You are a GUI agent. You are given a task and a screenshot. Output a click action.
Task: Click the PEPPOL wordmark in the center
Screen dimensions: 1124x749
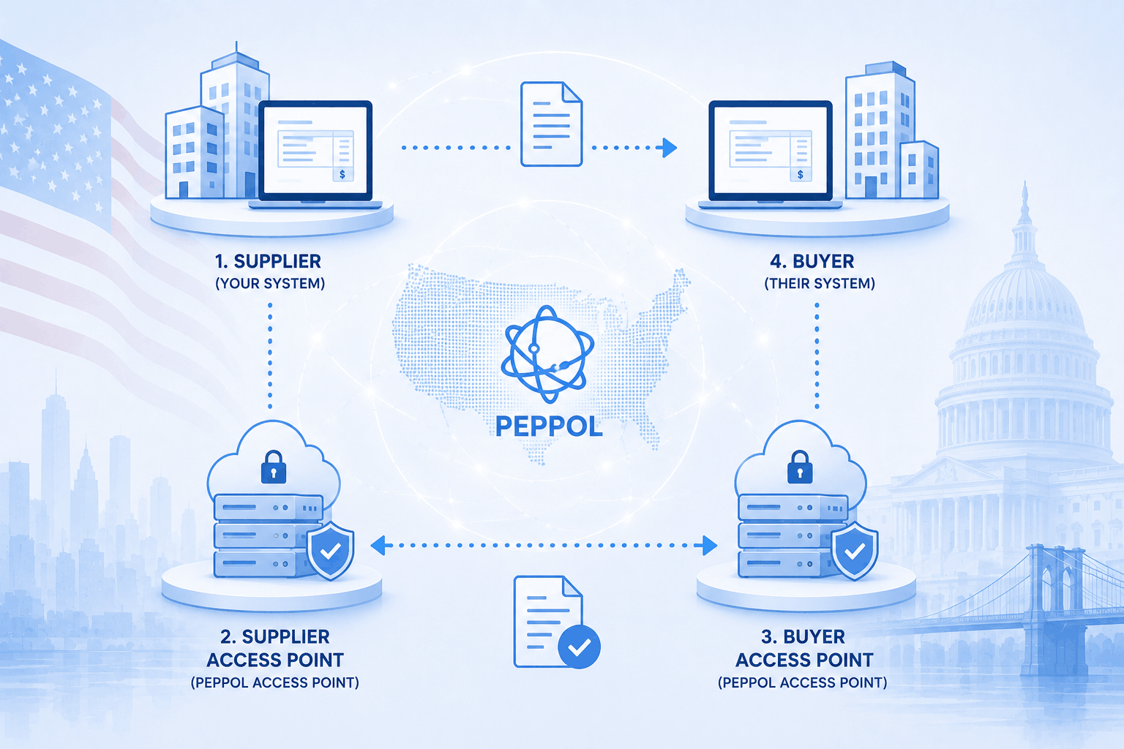point(549,426)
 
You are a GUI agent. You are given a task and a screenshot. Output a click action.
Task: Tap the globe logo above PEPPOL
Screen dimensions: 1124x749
point(548,354)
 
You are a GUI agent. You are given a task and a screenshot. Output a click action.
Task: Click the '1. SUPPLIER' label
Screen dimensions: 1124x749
point(268,261)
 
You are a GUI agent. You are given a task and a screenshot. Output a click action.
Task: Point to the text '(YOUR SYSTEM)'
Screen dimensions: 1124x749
point(270,284)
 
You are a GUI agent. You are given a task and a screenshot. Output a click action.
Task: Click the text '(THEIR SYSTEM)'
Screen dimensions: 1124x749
point(820,284)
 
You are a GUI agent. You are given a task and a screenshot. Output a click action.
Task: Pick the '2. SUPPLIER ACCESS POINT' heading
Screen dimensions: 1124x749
point(275,648)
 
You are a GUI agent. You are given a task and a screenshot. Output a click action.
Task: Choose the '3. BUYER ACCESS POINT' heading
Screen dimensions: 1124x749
point(804,648)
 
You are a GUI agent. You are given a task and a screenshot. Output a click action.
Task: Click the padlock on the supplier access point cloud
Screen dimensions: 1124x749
point(274,467)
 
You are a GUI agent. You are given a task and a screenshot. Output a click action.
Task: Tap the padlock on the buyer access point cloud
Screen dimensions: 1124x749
point(800,467)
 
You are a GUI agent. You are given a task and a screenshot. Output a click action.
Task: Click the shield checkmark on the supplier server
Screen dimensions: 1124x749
point(330,551)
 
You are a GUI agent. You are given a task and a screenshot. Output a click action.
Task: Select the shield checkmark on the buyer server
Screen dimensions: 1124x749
point(855,551)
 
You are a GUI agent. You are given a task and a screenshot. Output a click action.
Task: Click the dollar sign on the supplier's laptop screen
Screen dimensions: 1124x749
point(342,174)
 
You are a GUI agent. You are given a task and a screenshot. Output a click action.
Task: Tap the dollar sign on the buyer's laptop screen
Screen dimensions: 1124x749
point(801,174)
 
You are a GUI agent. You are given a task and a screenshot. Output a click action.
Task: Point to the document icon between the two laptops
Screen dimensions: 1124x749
point(551,124)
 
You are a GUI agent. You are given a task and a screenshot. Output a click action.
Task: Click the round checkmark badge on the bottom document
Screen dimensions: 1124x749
point(579,647)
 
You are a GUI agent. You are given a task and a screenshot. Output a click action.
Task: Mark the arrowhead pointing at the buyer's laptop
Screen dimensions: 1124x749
point(670,148)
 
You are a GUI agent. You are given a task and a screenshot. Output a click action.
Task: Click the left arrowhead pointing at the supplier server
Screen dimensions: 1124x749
point(378,546)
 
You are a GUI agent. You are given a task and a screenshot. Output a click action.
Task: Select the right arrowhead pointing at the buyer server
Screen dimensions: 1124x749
point(710,546)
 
